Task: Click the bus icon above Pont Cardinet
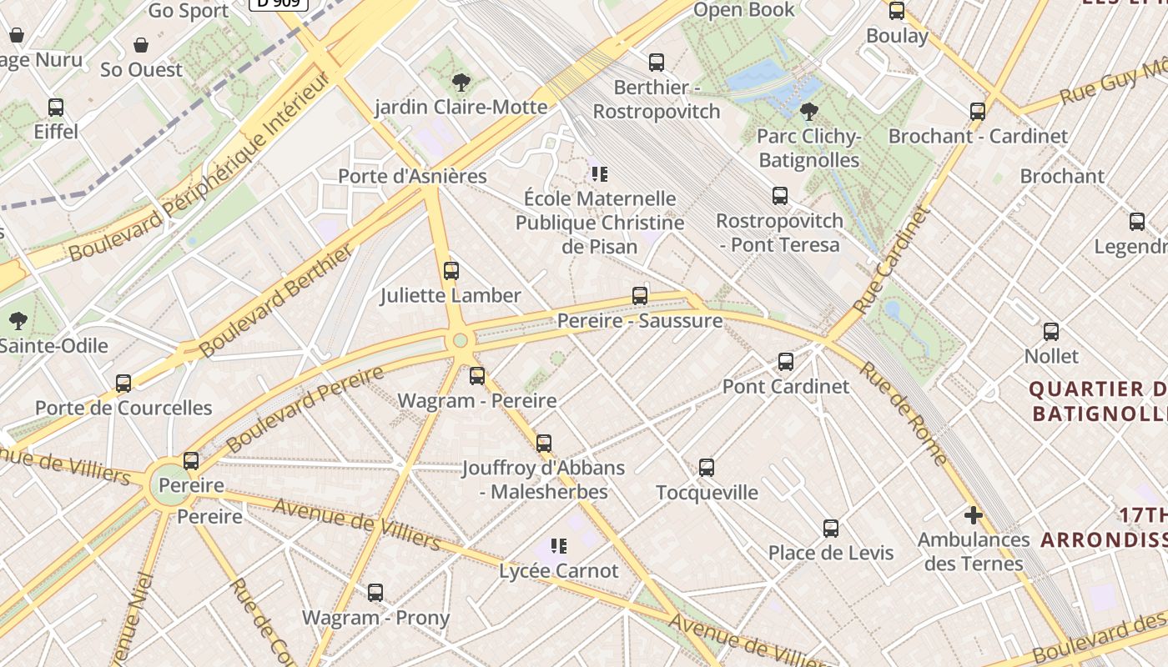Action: tap(785, 362)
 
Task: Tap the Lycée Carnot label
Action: tap(559, 571)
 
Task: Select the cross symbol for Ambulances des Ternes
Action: tap(973, 514)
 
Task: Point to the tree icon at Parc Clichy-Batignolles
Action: tap(808, 112)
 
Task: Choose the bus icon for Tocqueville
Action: tap(707, 468)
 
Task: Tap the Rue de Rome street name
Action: tap(904, 414)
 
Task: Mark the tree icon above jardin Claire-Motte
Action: tap(461, 83)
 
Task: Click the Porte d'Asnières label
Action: tap(412, 176)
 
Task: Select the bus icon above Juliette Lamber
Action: tap(451, 271)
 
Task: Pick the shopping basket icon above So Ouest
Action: tap(141, 45)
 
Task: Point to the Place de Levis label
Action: tap(830, 553)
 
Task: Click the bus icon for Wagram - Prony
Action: tap(375, 593)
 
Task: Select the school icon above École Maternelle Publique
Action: tap(599, 174)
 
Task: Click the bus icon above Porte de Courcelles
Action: tap(123, 384)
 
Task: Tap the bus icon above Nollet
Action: tap(1051, 332)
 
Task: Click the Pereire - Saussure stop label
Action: tap(640, 321)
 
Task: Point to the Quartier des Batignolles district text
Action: tap(1097, 401)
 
